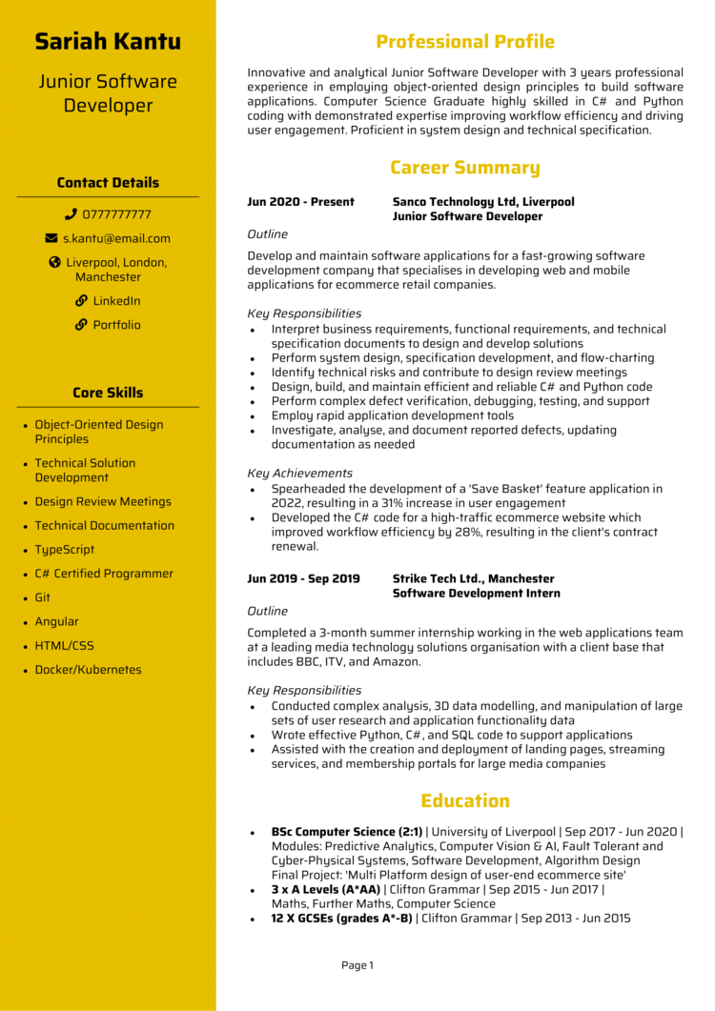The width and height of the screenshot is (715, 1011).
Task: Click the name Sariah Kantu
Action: click(108, 42)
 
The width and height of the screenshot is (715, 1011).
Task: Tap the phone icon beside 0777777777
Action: click(71, 214)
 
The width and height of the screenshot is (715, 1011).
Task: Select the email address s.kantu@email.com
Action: click(116, 238)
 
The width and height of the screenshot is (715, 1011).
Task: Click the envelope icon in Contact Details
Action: click(51, 238)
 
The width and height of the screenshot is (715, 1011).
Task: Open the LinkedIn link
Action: click(116, 301)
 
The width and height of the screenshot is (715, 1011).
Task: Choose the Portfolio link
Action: click(116, 325)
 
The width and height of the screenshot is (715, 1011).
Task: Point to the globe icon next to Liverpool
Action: click(54, 262)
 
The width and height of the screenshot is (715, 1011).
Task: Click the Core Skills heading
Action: click(108, 393)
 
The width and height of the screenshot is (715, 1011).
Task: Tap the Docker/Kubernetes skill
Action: click(88, 670)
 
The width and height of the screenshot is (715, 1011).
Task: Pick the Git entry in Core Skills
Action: click(43, 597)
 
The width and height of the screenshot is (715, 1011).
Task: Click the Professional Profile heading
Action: click(464, 42)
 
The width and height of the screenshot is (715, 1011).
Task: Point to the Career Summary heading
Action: click(464, 169)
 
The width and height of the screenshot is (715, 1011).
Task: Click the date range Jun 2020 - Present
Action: click(300, 202)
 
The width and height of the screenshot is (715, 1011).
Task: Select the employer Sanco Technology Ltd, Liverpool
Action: click(483, 202)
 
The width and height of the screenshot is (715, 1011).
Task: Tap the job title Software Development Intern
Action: click(476, 594)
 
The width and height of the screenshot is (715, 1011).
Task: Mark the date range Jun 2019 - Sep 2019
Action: click(303, 578)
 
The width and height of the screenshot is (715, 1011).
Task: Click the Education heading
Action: click(464, 801)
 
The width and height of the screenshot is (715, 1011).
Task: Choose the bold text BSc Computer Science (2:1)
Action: click(346, 832)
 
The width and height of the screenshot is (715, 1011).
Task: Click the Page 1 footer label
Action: click(357, 965)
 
